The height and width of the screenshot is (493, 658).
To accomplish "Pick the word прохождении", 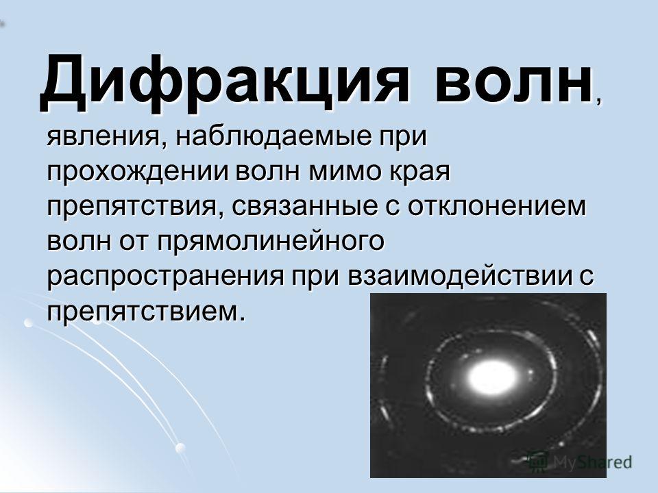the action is pos(138,173).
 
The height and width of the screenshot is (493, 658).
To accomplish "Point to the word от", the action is pos(134,242).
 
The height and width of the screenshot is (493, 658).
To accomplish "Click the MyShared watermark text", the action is pos(592,462).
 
